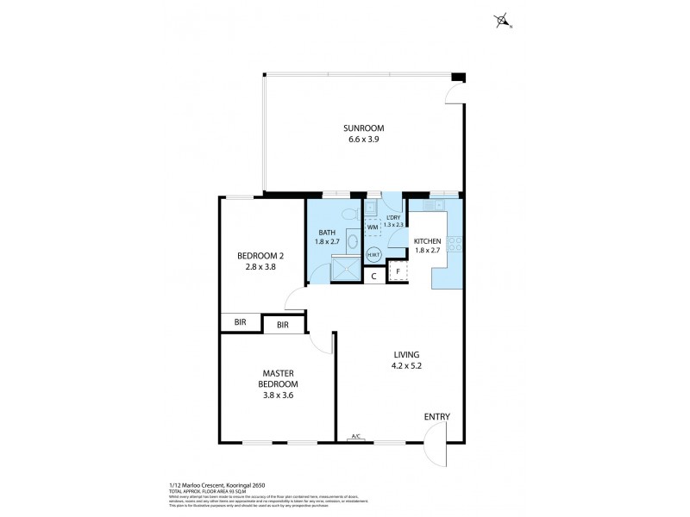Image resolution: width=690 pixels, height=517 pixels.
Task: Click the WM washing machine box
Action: [373, 227]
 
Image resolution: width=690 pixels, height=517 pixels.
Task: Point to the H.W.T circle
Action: [374, 255]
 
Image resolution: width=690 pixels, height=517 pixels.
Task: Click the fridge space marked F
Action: [398, 271]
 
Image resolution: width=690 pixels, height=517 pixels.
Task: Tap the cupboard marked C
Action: [373, 276]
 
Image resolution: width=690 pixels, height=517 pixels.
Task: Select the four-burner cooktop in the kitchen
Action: [455, 244]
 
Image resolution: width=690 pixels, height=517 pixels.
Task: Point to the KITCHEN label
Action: [428, 241]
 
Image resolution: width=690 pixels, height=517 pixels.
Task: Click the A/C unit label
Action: [355, 438]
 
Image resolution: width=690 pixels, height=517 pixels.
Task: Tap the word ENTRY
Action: [436, 417]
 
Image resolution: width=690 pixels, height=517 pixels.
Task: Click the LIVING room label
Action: [406, 354]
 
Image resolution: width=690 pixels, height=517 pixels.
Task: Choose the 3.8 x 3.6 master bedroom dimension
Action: [280, 396]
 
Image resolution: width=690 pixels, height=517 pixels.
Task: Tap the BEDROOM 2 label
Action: [260, 255]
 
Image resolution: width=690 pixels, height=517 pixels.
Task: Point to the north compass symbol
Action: [503, 21]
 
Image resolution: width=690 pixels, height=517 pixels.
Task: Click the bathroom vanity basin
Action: [352, 240]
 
